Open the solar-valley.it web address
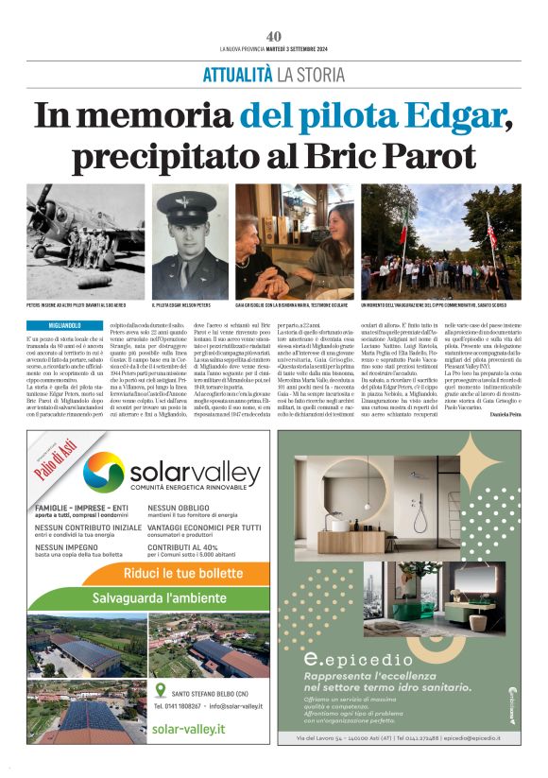click(188, 729)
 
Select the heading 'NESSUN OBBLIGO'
click(177, 507)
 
